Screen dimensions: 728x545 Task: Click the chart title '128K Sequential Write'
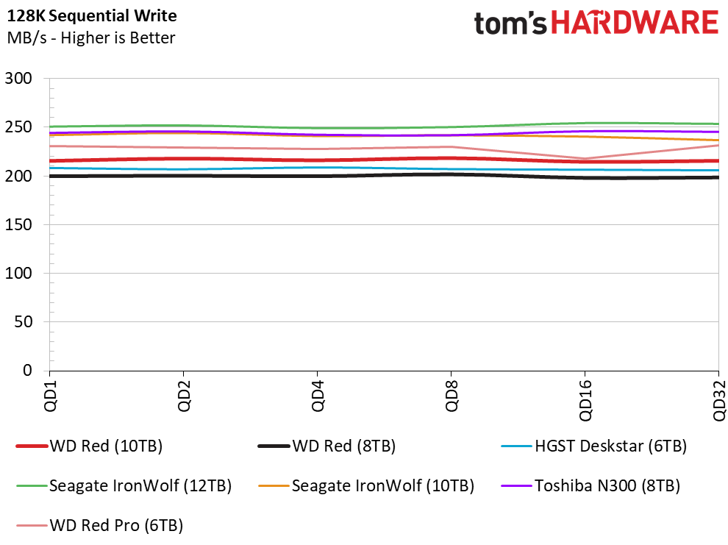92,15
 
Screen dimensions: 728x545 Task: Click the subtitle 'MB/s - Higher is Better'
91,38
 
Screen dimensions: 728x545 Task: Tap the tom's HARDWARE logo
596,24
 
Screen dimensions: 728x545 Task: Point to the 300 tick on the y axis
18,78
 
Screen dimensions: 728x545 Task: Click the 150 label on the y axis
18,224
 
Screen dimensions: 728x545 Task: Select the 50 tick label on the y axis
24,321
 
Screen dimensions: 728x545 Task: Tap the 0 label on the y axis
28,370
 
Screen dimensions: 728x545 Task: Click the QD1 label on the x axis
50,396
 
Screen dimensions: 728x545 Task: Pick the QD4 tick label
318,396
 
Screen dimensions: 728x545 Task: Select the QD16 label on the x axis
585,400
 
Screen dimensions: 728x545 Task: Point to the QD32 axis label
718,400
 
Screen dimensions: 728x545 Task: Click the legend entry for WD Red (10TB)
89,446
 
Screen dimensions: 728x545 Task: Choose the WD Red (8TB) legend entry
326,446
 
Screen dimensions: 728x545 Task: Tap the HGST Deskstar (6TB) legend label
594,446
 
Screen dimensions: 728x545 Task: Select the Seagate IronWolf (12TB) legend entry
124,485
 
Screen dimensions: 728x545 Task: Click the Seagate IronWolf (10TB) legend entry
366,485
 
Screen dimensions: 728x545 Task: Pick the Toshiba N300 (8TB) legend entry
590,485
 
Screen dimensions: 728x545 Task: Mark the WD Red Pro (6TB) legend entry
99,525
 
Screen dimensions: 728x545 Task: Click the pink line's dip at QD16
585,159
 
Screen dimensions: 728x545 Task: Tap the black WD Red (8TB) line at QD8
451,174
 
